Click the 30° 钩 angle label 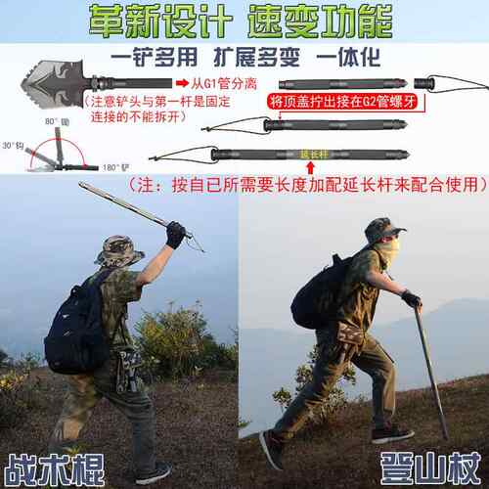coord(14,145)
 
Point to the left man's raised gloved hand coord(176,235)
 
